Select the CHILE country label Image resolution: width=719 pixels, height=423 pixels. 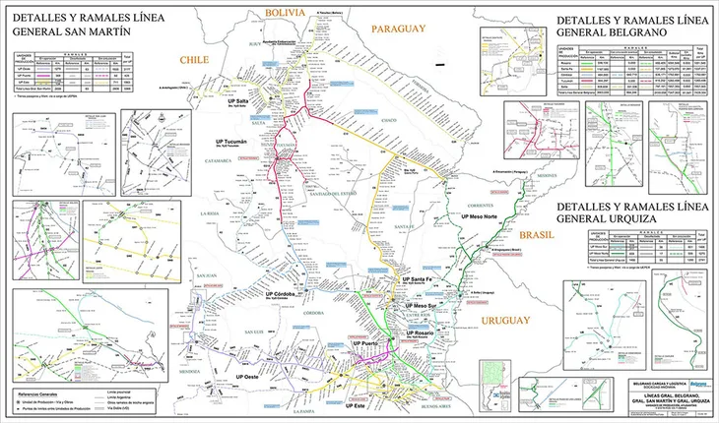coord(194,60)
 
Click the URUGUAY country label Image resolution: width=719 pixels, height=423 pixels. coord(509,322)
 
